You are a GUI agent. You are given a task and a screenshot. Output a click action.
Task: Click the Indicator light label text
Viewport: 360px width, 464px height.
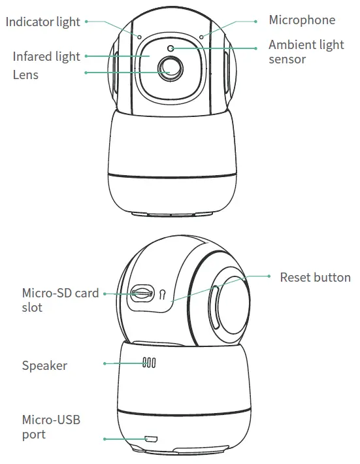point(43,22)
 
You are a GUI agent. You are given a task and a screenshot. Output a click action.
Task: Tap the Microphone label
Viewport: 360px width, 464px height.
point(302,20)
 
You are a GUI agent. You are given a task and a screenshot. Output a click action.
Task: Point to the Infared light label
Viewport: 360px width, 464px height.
point(46,56)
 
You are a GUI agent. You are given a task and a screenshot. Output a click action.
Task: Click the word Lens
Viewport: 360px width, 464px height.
point(25,75)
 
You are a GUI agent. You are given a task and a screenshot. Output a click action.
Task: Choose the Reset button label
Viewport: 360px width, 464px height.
point(315,277)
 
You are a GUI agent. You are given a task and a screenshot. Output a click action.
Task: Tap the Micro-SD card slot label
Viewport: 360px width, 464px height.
point(60,300)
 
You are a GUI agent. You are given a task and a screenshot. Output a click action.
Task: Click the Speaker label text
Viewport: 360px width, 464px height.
point(44,365)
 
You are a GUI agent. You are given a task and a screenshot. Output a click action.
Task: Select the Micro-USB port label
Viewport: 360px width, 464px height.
point(51,426)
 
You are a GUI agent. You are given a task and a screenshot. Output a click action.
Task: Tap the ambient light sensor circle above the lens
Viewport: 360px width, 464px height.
point(171,48)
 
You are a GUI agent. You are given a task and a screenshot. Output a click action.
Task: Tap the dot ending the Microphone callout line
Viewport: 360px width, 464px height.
point(255,21)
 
